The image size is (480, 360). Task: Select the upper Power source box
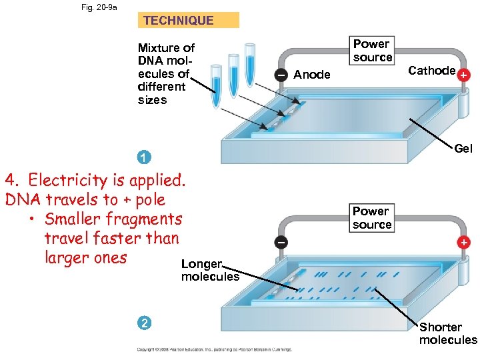(x=372, y=51)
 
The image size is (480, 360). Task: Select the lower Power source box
(x=372, y=217)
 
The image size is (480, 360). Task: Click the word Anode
(x=311, y=75)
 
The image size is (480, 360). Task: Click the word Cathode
(x=431, y=71)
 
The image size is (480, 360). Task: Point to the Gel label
(x=463, y=149)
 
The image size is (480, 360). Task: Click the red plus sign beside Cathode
(x=463, y=76)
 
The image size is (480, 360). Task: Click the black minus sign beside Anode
(x=282, y=75)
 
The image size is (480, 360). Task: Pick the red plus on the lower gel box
(x=463, y=243)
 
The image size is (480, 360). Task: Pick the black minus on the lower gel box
(x=282, y=243)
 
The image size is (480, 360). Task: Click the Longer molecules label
(x=209, y=271)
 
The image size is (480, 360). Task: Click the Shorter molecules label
(x=447, y=333)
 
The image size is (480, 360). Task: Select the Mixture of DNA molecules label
(x=165, y=73)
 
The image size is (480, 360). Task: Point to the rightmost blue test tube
(x=250, y=64)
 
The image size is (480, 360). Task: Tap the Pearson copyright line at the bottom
(x=213, y=349)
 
